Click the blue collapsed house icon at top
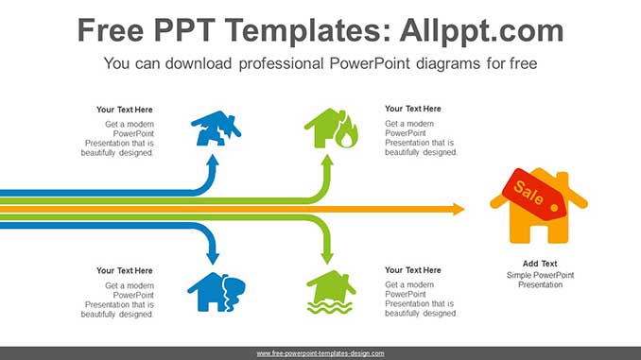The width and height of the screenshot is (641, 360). pyautogui.click(x=215, y=129)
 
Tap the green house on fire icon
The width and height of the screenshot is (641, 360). pyautogui.click(x=330, y=129)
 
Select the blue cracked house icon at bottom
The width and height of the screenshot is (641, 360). pyautogui.click(x=215, y=292)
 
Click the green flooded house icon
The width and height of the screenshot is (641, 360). pyautogui.click(x=330, y=292)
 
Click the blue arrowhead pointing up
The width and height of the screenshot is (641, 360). pyautogui.click(x=213, y=163)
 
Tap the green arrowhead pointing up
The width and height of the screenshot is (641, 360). pyautogui.click(x=328, y=163)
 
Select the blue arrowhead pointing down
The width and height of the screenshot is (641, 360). pyautogui.click(x=213, y=254)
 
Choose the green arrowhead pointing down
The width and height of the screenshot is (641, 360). pyautogui.click(x=328, y=255)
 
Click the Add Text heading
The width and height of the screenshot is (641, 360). pyautogui.click(x=540, y=264)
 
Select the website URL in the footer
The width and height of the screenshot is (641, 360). pyautogui.click(x=320, y=353)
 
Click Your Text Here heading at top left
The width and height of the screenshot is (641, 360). pyautogui.click(x=125, y=109)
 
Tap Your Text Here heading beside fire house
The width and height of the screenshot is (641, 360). pyautogui.click(x=413, y=109)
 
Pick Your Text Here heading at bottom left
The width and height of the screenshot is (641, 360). pyautogui.click(x=125, y=270)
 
